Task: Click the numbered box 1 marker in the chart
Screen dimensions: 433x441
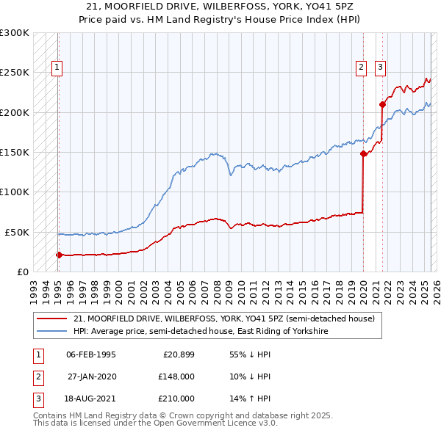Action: click(x=57, y=68)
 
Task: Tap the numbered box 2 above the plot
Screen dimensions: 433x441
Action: click(x=362, y=68)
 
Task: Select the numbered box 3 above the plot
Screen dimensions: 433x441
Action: click(x=380, y=68)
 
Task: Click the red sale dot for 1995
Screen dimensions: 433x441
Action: click(x=59, y=255)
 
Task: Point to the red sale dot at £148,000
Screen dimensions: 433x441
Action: click(x=363, y=154)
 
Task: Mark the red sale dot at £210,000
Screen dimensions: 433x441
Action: click(x=382, y=104)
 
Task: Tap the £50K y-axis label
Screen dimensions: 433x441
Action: click(x=17, y=232)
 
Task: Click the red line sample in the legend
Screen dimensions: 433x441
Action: click(x=51, y=319)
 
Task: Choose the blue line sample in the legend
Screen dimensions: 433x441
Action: click(x=51, y=332)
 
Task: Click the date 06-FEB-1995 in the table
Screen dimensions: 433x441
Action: click(x=91, y=354)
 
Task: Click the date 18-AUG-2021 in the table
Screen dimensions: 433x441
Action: click(x=91, y=399)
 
